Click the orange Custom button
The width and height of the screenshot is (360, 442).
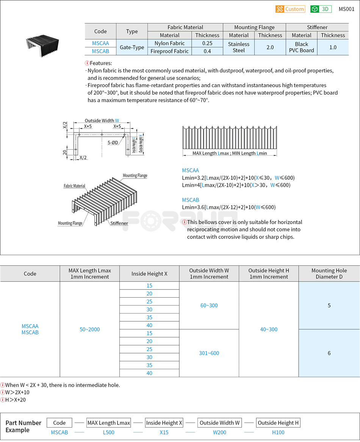pyautogui.click(x=290, y=9)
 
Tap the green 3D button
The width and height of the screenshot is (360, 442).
pyautogui.click(x=321, y=9)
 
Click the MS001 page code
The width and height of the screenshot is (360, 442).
pyautogui.click(x=346, y=9)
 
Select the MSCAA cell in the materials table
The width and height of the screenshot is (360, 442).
pyautogui.click(x=100, y=43)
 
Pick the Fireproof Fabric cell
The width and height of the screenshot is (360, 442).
pyautogui.click(x=169, y=51)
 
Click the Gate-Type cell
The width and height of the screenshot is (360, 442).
pyautogui.click(x=132, y=47)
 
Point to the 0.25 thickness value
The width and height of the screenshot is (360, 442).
pyautogui.click(x=207, y=43)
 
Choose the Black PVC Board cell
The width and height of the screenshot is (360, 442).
pyautogui.click(x=302, y=47)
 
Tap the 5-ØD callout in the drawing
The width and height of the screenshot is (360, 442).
pyautogui.click(x=113, y=143)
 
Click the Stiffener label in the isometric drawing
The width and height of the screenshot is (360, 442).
pyautogui.click(x=119, y=223)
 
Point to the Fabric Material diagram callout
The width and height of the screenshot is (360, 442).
pyautogui.click(x=74, y=186)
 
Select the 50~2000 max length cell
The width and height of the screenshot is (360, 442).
pyautogui.click(x=90, y=330)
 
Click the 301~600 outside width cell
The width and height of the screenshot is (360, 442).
pyautogui.click(x=209, y=353)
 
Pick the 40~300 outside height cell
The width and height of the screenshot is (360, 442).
pyautogui.click(x=269, y=330)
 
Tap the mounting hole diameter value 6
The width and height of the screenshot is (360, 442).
pyautogui.click(x=329, y=353)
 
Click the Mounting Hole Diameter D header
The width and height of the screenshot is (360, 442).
pyautogui.click(x=329, y=273)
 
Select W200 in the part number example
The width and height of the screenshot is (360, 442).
pyautogui.click(x=220, y=432)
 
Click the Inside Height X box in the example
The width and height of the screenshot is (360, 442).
pyautogui.click(x=164, y=423)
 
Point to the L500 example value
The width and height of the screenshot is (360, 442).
pyautogui.click(x=108, y=432)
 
